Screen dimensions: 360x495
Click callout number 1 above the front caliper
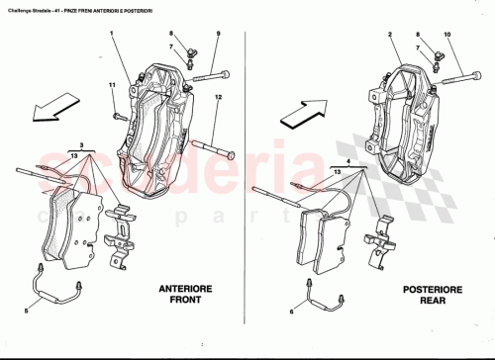[x=113, y=35]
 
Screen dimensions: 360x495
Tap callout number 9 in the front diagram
[x=217, y=35]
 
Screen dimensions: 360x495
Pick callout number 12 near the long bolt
[x=218, y=96]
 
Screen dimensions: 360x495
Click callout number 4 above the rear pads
[x=349, y=160]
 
